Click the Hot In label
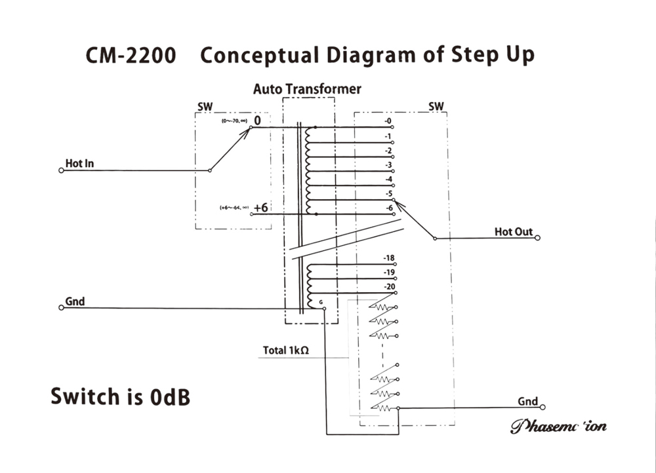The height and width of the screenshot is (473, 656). click(x=79, y=163)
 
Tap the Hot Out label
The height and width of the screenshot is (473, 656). click(x=514, y=232)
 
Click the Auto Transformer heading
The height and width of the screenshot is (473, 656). click(x=307, y=89)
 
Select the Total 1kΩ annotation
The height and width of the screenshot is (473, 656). click(x=286, y=350)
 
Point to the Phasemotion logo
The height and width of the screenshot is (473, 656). click(x=558, y=426)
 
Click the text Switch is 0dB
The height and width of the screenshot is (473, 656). click(x=121, y=396)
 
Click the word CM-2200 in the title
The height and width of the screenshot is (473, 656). click(x=131, y=55)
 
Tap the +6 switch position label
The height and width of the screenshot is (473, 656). click(x=260, y=208)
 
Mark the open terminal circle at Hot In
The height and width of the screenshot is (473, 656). click(x=61, y=170)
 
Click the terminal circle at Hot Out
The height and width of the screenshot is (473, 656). click(x=537, y=238)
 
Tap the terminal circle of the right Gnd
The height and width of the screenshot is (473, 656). click(x=542, y=407)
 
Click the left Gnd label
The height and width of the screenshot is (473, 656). click(x=75, y=301)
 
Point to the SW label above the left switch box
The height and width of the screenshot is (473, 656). click(x=205, y=106)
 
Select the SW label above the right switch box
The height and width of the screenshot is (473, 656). click(x=436, y=106)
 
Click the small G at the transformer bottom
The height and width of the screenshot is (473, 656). click(x=320, y=302)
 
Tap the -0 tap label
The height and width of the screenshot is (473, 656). click(x=388, y=121)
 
